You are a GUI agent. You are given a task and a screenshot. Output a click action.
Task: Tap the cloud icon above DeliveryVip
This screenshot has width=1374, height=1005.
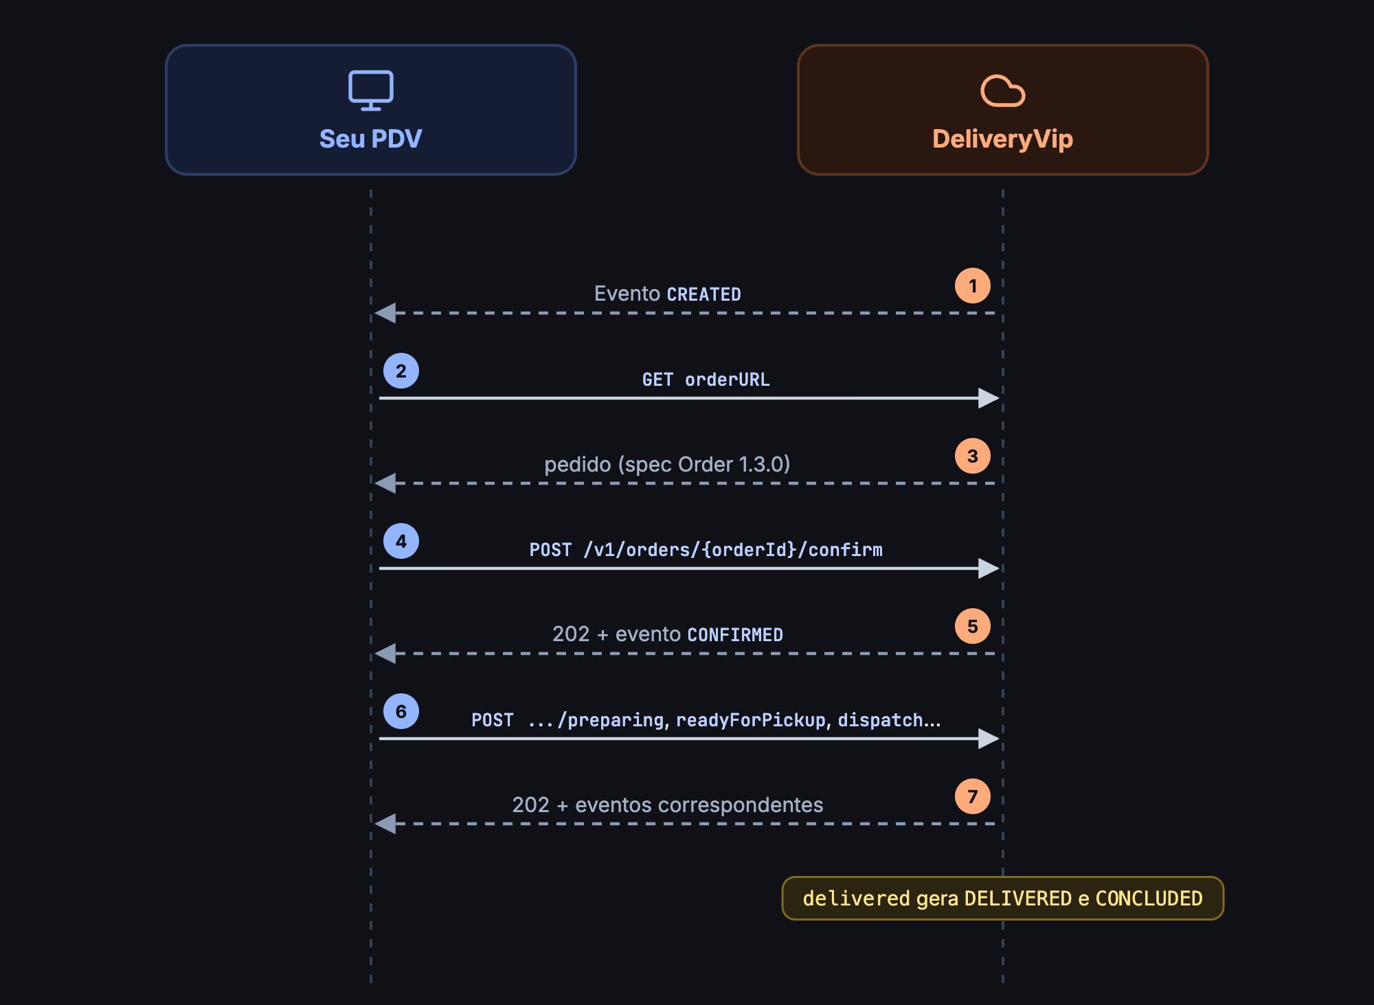[1003, 91]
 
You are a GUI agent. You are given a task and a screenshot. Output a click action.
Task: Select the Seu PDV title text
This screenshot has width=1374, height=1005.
[371, 139]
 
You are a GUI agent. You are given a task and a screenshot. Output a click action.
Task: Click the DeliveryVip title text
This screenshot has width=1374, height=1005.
[1003, 139]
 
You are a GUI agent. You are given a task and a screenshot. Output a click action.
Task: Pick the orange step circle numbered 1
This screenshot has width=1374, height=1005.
[973, 286]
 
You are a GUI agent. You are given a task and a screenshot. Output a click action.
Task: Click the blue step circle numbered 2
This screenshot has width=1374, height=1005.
[401, 371]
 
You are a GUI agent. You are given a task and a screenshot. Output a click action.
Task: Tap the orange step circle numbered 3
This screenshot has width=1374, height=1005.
[973, 456]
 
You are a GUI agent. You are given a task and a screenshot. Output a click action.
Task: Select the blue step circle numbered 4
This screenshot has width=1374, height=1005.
[401, 541]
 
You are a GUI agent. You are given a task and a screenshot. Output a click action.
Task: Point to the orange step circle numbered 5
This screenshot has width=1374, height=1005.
[973, 626]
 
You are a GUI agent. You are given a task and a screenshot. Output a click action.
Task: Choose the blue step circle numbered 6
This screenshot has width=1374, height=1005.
[401, 711]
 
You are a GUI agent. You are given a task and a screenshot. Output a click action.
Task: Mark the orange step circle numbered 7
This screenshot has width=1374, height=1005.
[973, 796]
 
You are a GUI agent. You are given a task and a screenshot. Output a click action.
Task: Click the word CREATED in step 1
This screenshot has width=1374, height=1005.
[704, 294]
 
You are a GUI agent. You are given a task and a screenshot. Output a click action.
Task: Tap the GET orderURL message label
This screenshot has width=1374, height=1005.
[706, 380]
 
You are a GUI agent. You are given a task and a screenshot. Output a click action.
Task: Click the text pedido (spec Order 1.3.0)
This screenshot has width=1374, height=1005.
[667, 465]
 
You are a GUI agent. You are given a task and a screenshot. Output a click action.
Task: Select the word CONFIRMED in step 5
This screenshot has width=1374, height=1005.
[735, 635]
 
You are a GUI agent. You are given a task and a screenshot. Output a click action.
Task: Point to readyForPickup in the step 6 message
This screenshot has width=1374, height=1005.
[751, 720]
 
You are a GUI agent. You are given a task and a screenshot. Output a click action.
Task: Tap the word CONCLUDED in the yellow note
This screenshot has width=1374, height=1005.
[1149, 899]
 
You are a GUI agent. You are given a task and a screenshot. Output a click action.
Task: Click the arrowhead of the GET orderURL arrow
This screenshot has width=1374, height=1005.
[989, 398]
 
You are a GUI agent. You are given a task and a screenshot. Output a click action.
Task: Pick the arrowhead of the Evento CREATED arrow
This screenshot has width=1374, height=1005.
[385, 313]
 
